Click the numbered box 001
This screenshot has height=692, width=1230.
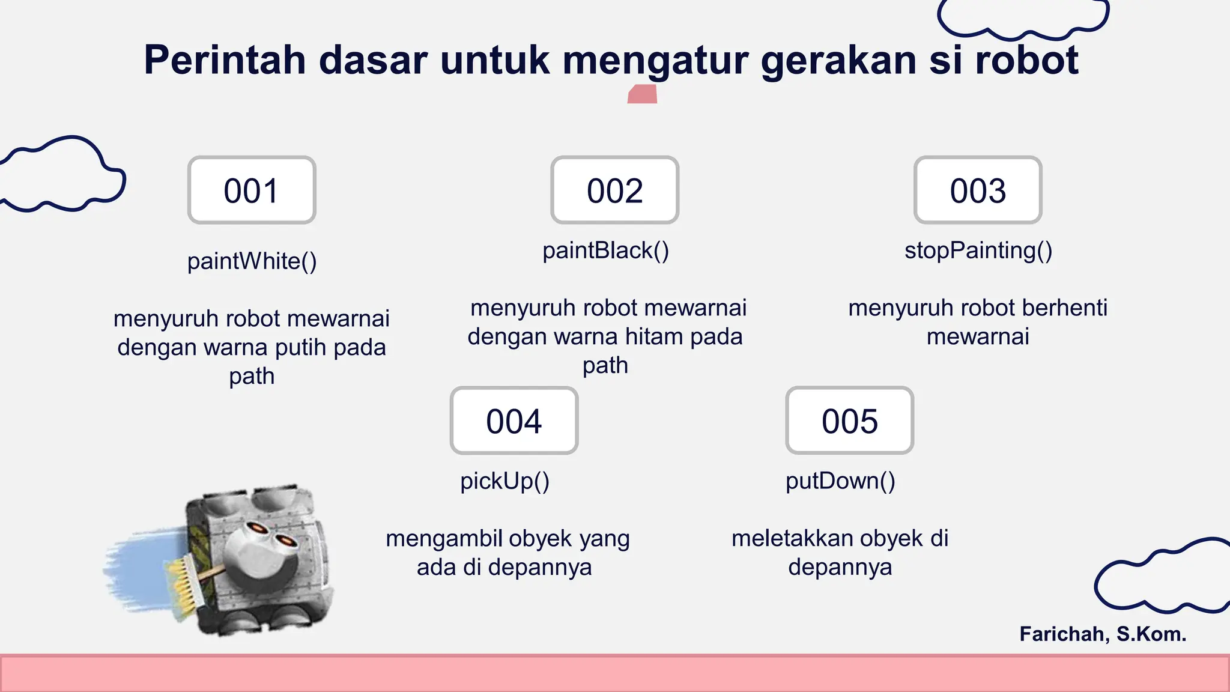tap(252, 190)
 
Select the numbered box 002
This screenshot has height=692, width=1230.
tap(614, 190)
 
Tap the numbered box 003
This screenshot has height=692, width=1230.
tap(977, 190)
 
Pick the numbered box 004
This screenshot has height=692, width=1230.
tap(514, 420)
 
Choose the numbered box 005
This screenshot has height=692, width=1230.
tap(849, 420)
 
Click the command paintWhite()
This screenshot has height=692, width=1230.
tap(252, 261)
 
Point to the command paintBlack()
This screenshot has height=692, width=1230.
tap(605, 250)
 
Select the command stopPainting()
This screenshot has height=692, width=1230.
tap(978, 250)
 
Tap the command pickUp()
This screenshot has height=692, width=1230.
tap(504, 481)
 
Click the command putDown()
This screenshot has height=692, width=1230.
tap(840, 481)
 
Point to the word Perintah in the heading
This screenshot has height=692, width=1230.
tap(225, 60)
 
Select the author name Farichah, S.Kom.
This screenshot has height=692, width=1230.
tap(1103, 634)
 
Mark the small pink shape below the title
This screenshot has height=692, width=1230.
tap(642, 94)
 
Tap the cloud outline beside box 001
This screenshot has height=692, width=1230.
tap(63, 174)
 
